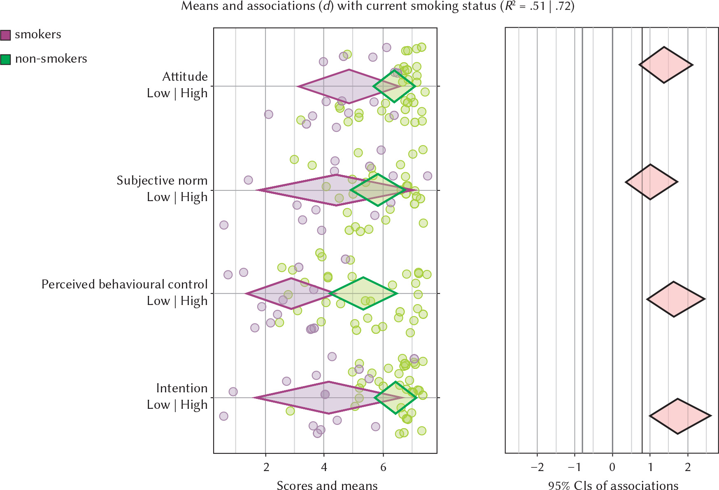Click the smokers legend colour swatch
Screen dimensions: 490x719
5,35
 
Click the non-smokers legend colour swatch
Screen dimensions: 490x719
5,60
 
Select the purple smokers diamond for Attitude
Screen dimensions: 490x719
329,87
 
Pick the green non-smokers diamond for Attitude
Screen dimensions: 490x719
394,86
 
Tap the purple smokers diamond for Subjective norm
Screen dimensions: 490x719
313,190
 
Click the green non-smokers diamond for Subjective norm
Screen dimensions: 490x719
378,190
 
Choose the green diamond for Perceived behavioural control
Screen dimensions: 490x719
363,293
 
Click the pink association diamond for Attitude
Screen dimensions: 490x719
665,65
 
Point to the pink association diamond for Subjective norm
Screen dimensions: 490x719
651,182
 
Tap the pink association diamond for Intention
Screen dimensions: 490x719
679,416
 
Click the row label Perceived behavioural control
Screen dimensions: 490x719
124,284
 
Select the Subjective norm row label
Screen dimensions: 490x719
162,181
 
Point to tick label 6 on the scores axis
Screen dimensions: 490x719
383,467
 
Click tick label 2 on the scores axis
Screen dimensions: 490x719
266,467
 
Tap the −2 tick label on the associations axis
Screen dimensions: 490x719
537,467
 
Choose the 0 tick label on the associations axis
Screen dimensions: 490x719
612,467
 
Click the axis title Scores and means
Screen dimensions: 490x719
327,485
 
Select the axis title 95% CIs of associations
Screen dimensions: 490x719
613,485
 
